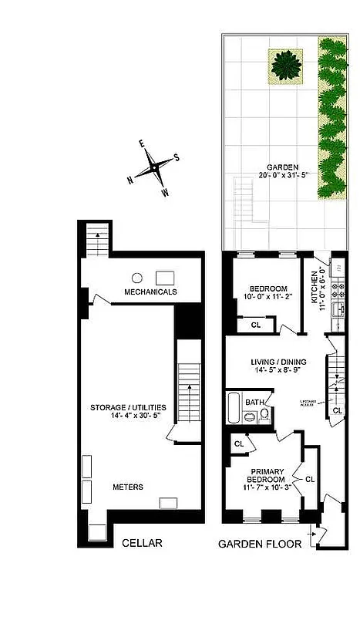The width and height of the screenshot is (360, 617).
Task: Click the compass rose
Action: (154, 166)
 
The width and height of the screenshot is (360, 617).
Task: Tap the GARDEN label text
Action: (277, 166)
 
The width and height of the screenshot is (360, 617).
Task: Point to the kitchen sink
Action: (337, 310)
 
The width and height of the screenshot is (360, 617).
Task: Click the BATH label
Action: (254, 402)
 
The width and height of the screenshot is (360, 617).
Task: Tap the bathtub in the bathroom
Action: (232, 409)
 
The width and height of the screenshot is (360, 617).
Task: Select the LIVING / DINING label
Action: (278, 362)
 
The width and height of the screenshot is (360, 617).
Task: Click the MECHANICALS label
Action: (150, 292)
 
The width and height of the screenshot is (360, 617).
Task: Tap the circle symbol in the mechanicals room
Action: (136, 277)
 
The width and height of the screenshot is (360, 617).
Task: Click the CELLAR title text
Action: (142, 543)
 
